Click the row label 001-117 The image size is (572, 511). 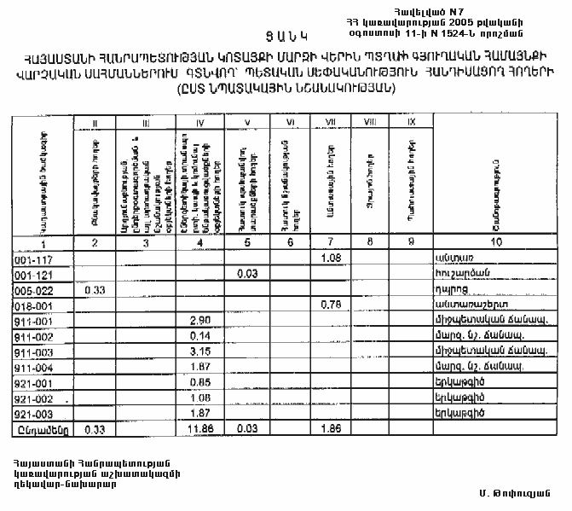point(33,258)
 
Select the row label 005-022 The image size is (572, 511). point(33,289)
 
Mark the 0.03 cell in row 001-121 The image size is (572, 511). point(247,273)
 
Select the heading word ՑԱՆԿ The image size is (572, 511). point(287,37)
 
